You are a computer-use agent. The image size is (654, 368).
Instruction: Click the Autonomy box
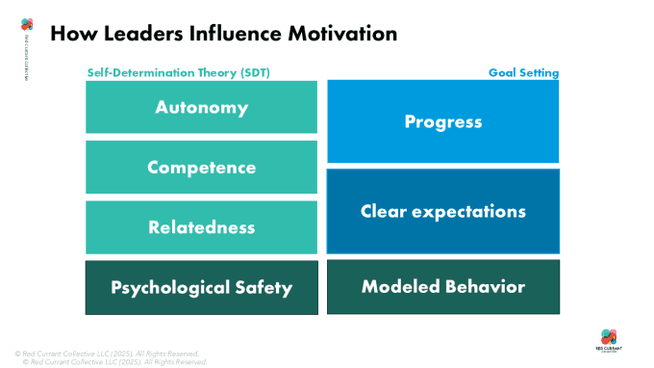[201, 107]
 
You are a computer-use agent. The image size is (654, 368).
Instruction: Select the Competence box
[201, 168]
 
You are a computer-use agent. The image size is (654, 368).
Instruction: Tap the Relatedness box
[201, 227]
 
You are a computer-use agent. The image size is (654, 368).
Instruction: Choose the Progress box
[442, 121]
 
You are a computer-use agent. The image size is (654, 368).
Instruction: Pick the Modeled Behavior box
[442, 287]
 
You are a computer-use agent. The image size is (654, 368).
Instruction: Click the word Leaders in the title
[133, 34]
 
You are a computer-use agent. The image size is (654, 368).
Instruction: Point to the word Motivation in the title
[338, 34]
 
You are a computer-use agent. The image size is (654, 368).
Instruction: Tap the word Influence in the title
[229, 34]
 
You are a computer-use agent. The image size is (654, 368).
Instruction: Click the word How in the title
[70, 34]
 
